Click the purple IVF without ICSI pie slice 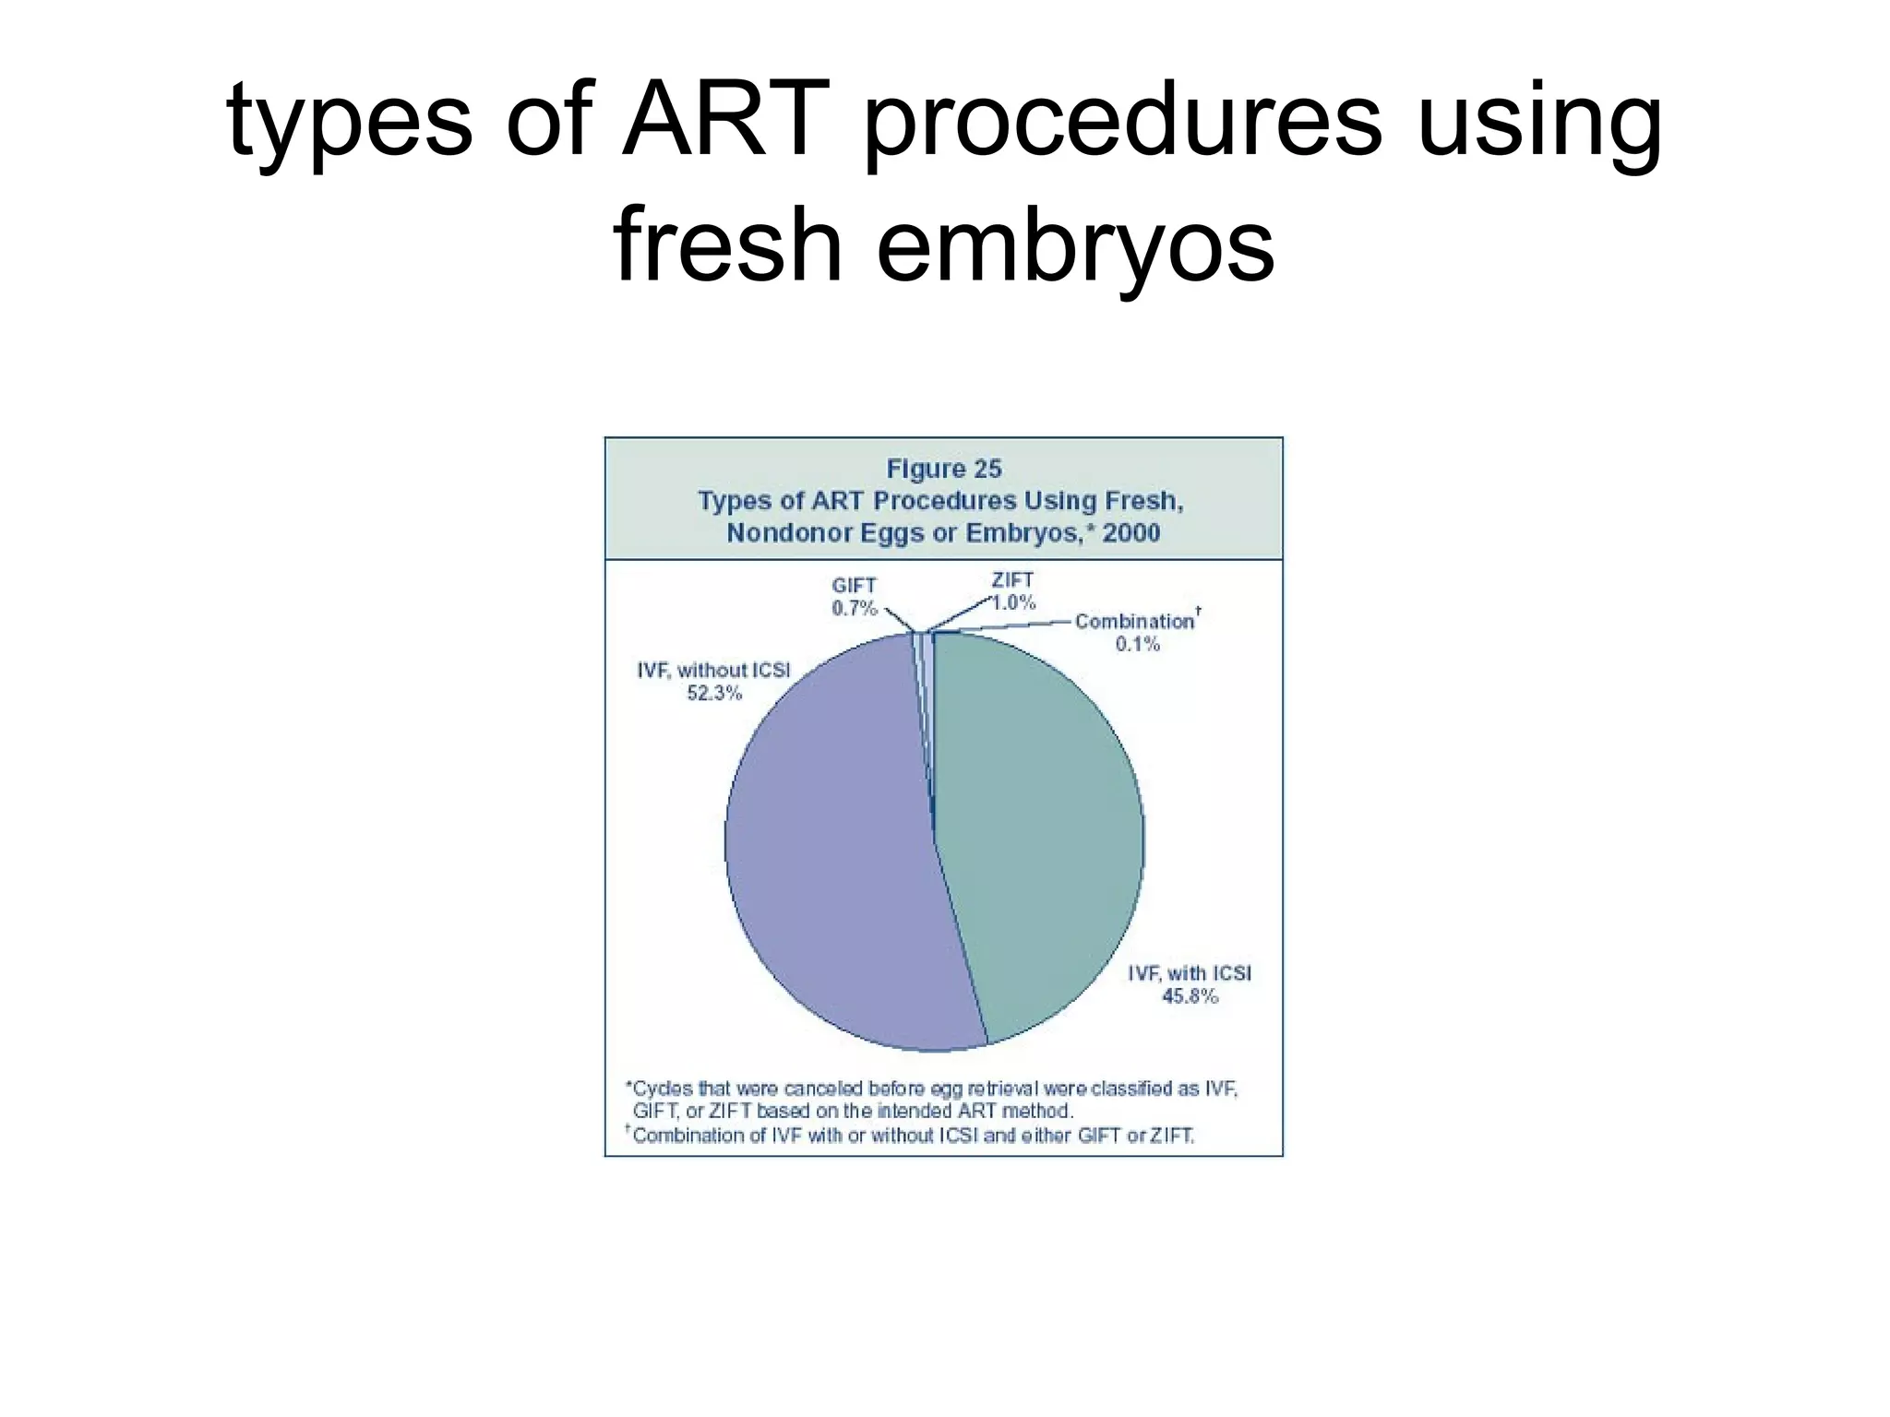tap(831, 849)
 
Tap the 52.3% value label tap(714, 693)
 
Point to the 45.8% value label tap(1190, 996)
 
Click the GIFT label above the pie tap(854, 585)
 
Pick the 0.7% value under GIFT tap(854, 608)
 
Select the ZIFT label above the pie tap(1012, 580)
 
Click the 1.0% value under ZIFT tap(1013, 602)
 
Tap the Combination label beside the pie tap(1134, 622)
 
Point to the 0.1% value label tap(1137, 644)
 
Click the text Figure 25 tap(943, 469)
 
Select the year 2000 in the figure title tap(1130, 533)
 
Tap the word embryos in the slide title tap(1075, 245)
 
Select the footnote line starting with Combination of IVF tap(913, 1135)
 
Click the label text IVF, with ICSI tap(1189, 973)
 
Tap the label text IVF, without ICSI tap(713, 670)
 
